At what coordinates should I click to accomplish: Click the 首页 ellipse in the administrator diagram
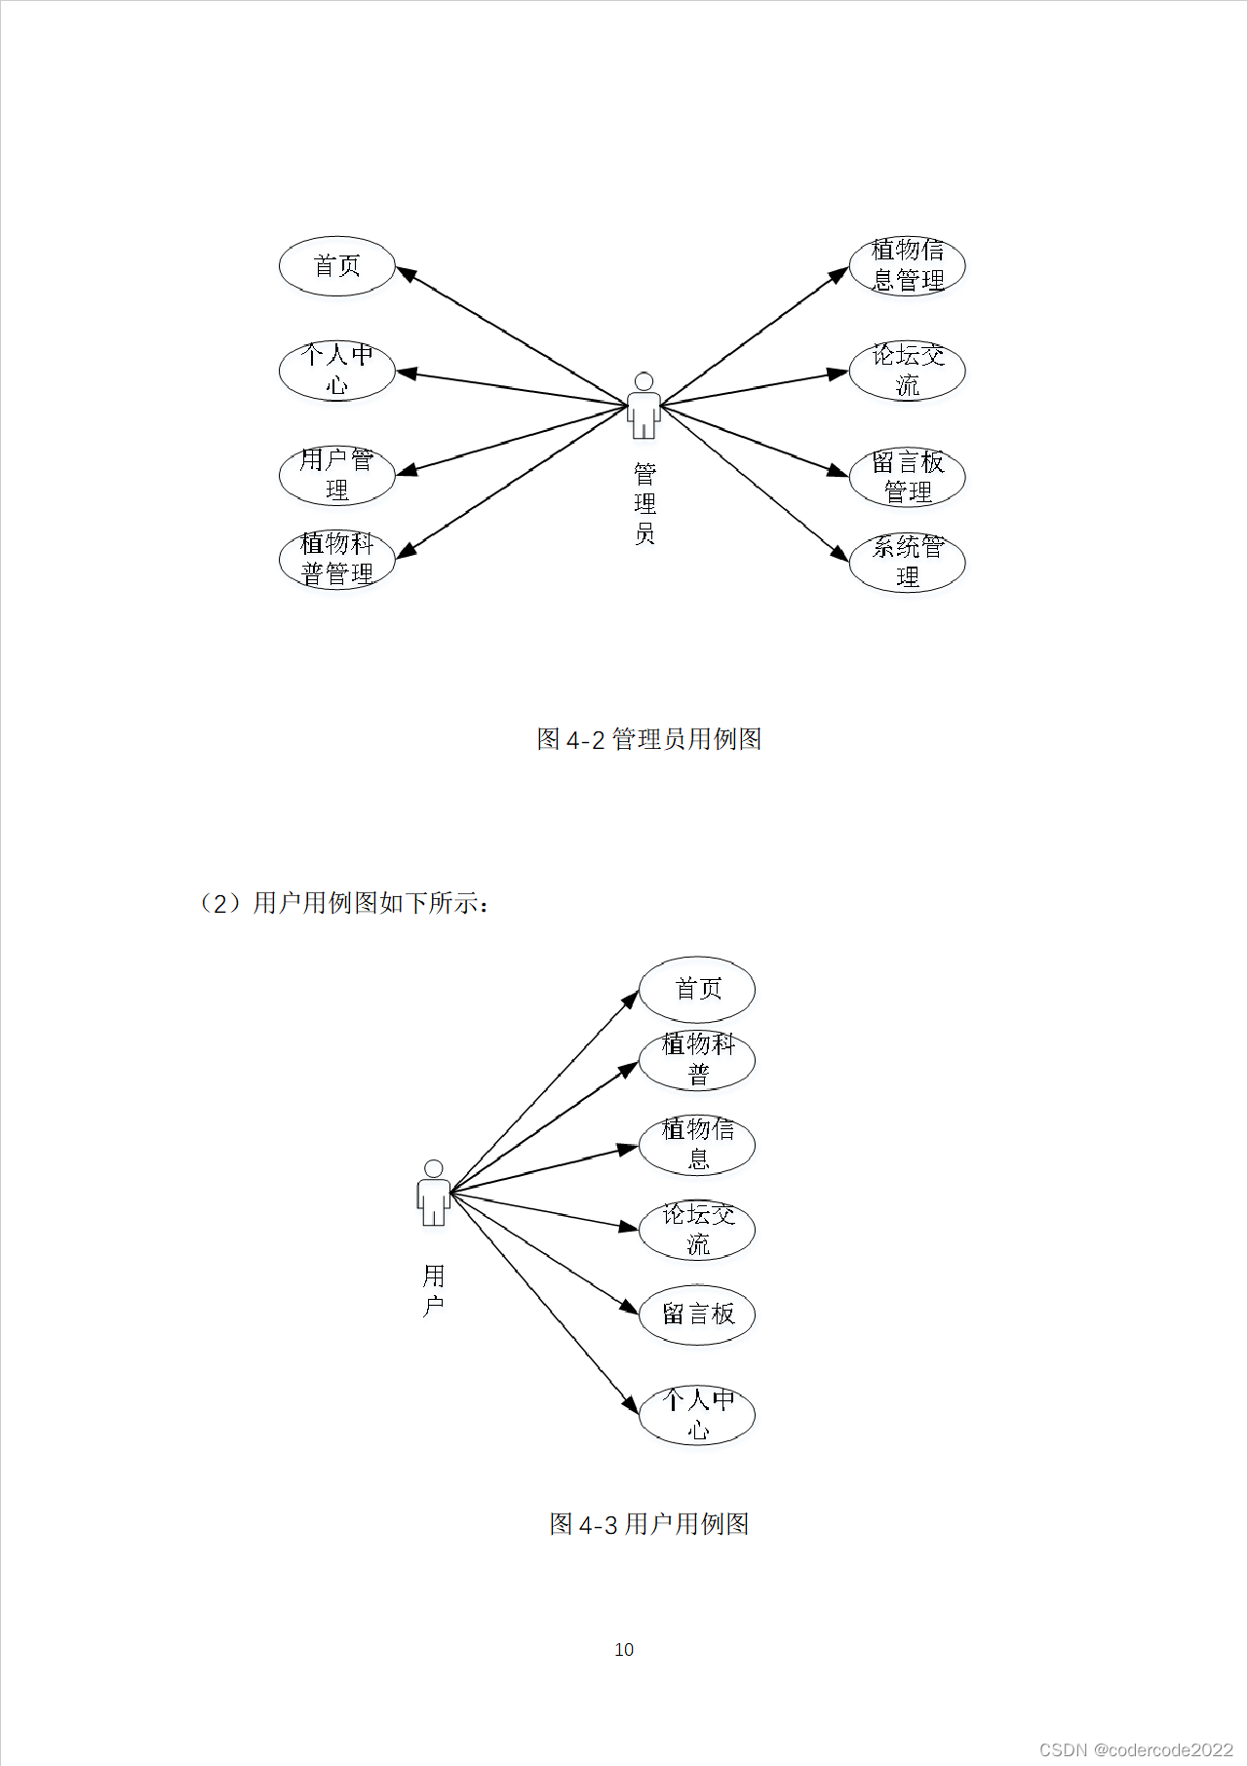point(336,266)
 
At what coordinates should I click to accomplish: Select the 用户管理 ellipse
point(336,475)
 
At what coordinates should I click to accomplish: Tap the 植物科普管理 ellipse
point(336,560)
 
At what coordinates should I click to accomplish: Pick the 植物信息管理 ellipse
point(907,266)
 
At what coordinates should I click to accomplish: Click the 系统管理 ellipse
point(907,562)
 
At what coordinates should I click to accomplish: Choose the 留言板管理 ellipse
point(907,477)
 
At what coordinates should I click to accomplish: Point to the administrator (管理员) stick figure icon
point(643,406)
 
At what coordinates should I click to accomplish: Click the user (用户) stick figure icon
point(434,1193)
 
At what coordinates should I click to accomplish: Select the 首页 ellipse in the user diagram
point(697,989)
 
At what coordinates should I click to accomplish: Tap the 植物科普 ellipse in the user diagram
point(697,1060)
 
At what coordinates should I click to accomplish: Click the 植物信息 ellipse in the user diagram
point(697,1145)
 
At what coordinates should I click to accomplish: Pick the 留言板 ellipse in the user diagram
point(697,1315)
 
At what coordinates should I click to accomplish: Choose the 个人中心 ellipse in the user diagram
point(697,1415)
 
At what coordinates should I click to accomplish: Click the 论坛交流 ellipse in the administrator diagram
point(907,371)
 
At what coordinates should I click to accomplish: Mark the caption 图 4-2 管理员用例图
point(649,739)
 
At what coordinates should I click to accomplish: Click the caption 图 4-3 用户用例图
point(649,1524)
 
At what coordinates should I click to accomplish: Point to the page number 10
point(624,1650)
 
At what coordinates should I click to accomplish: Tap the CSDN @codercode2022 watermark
point(1136,1749)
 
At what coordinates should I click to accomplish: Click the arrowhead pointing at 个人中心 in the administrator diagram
point(406,373)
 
